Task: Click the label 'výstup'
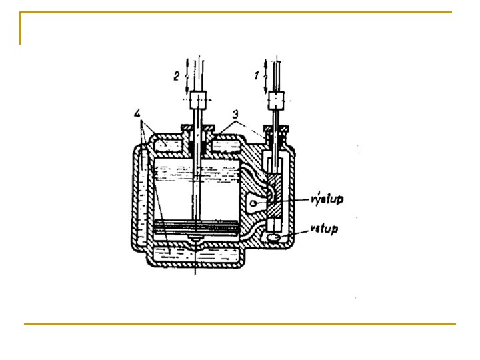pyautogui.click(x=327, y=199)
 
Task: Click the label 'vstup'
pyautogui.click(x=325, y=229)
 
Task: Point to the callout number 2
pyautogui.click(x=177, y=76)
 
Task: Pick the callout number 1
pyautogui.click(x=257, y=76)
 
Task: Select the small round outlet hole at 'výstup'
pyautogui.click(x=253, y=203)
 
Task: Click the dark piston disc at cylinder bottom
pyautogui.click(x=195, y=226)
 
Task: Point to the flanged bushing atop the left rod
pyautogui.click(x=195, y=128)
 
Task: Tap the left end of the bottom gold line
pyautogui.click(x=25, y=325)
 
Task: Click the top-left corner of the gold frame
pyautogui.click(x=21, y=13)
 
